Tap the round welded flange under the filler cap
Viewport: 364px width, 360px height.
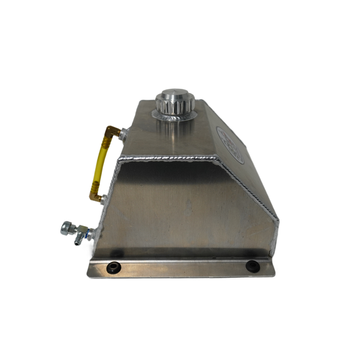[x=174, y=115]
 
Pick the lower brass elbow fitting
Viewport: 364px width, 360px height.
[x=96, y=197]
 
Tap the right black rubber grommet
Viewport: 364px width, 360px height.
[x=252, y=266]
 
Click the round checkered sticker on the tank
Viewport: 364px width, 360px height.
[x=230, y=145]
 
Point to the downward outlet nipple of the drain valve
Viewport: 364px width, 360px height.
[x=78, y=242]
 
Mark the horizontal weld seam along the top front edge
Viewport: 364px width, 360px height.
[x=167, y=158]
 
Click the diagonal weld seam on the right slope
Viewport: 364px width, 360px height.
[x=248, y=187]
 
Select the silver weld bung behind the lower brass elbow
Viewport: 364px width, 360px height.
[x=103, y=199]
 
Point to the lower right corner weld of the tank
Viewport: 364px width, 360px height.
[x=274, y=248]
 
